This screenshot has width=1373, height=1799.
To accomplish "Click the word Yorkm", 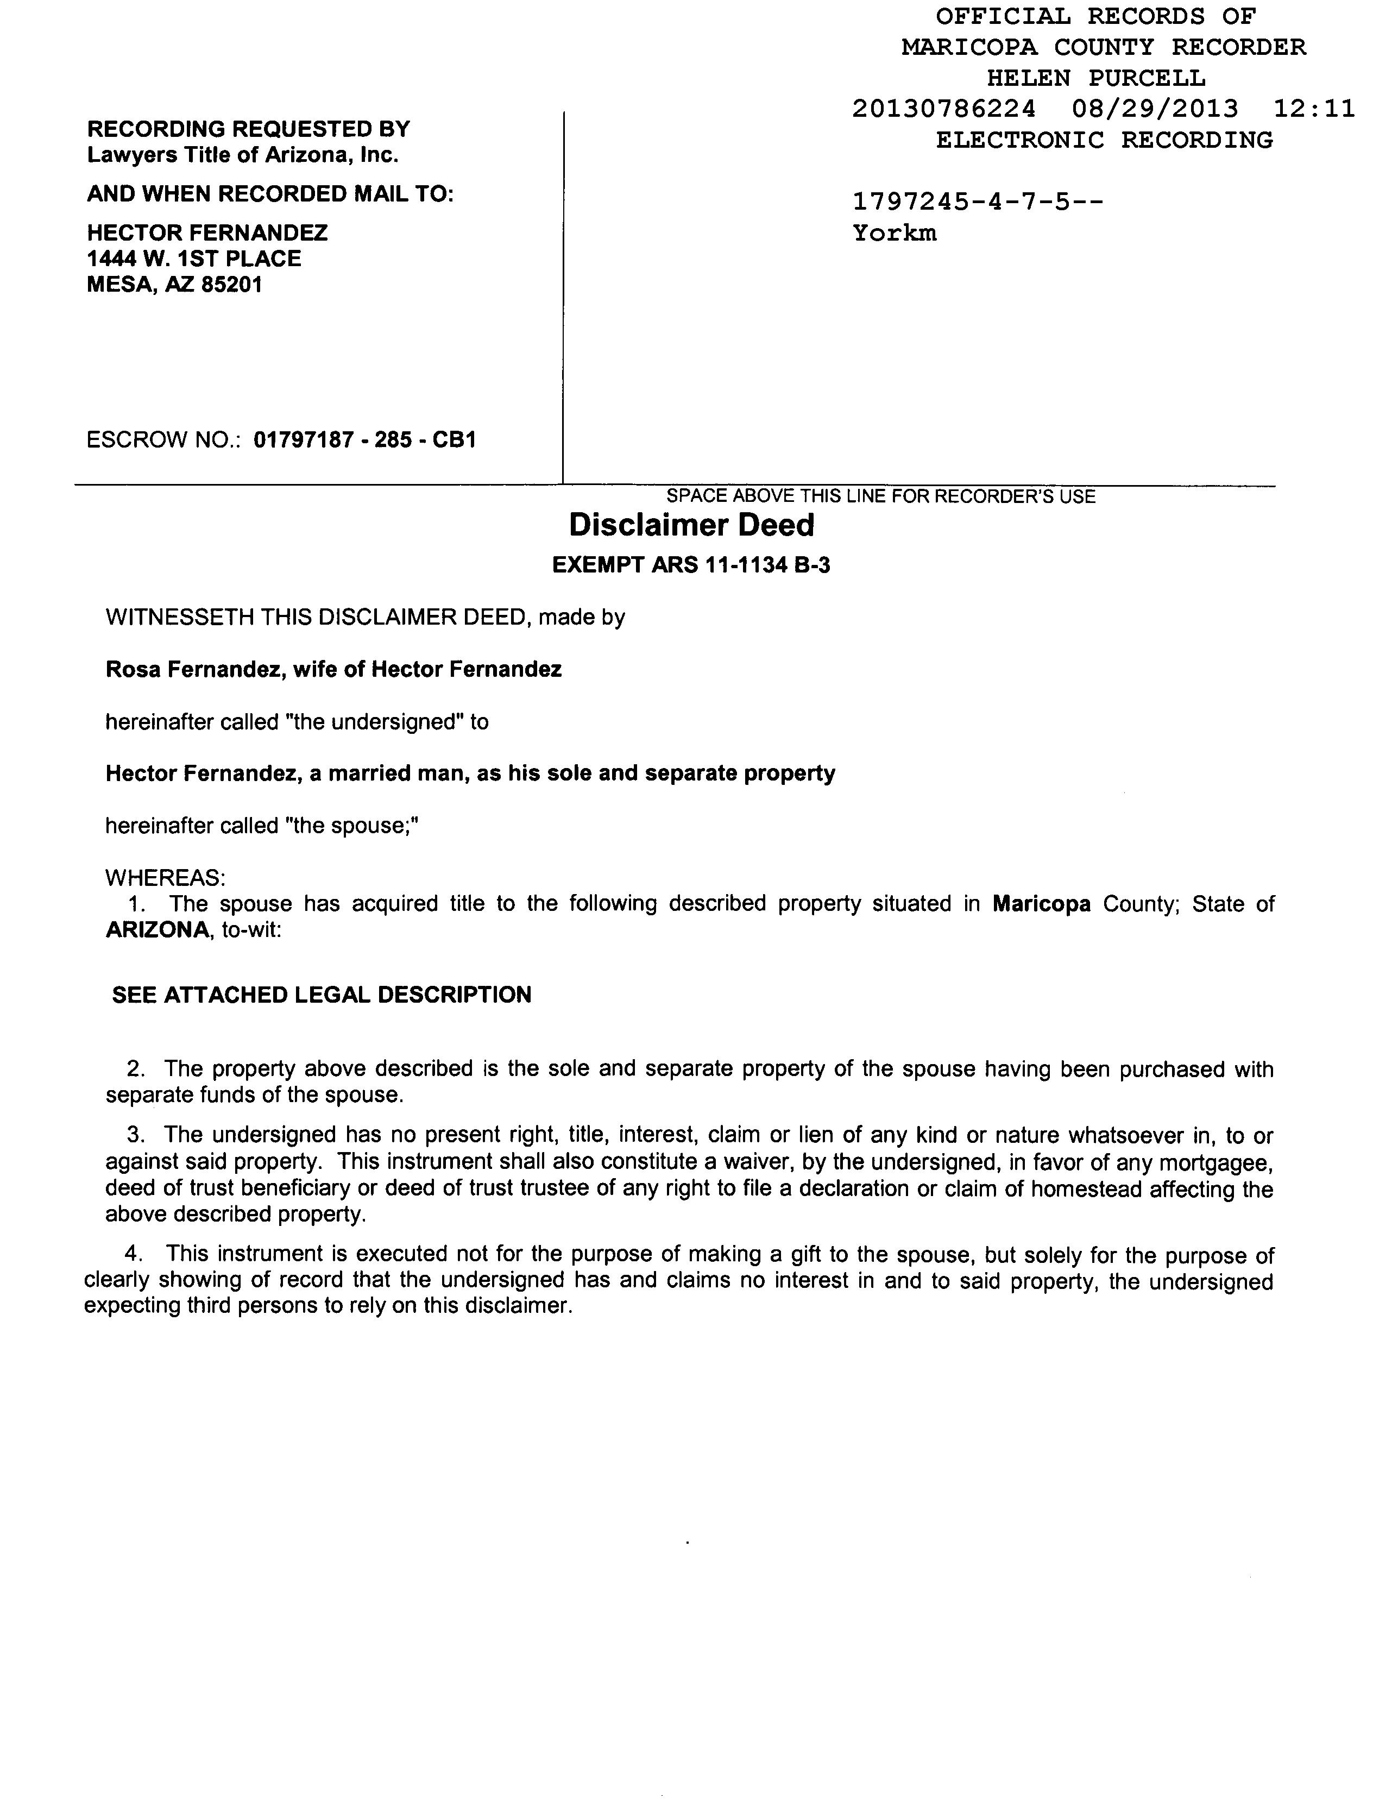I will pos(894,233).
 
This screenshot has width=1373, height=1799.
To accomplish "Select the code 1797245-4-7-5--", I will pos(978,201).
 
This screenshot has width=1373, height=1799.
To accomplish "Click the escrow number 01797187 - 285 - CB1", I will pos(364,441).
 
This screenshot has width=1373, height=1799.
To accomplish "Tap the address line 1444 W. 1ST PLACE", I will pos(194,259).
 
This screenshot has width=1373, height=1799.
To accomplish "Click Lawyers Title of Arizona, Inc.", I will pos(243,155).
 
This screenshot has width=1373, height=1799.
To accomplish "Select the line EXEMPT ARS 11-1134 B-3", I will pos(691,565).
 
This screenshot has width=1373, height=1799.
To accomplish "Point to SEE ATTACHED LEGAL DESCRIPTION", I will pos(322,995).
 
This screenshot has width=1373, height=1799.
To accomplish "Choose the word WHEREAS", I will pos(164,878).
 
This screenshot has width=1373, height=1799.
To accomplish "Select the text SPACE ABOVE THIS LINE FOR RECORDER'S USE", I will pos(881,496).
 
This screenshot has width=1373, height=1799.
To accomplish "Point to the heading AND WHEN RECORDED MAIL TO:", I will pos(270,194).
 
